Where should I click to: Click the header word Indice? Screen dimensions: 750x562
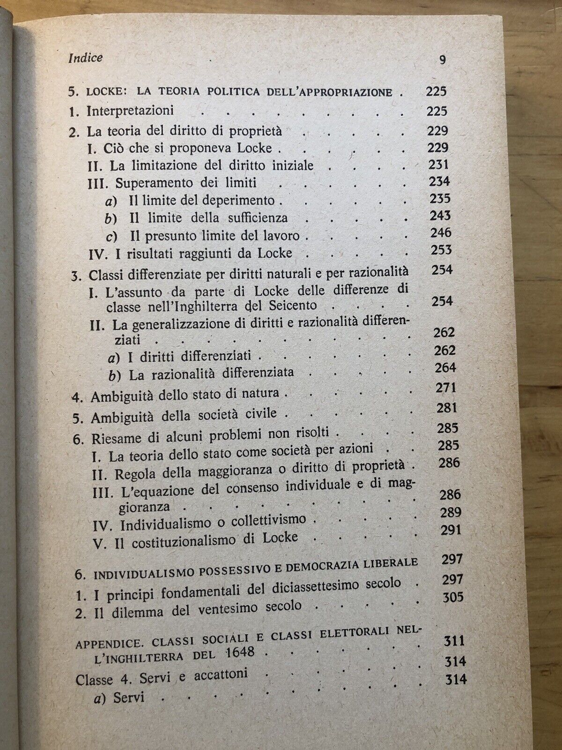[85, 58]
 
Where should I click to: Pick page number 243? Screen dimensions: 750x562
[440, 216]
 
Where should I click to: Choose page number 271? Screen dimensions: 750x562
[445, 388]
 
